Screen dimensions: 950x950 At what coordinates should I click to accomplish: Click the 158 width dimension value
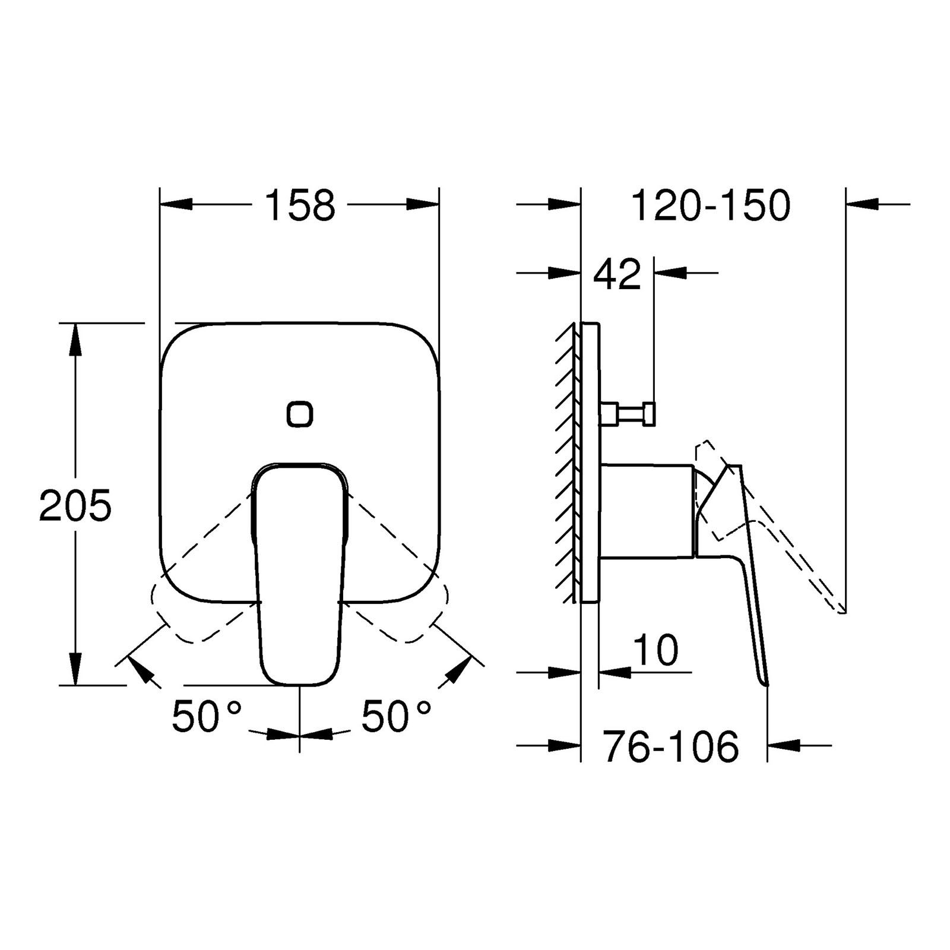(x=300, y=205)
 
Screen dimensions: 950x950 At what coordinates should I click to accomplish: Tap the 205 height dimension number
(x=75, y=505)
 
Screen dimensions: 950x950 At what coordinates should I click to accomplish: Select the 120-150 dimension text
(x=711, y=205)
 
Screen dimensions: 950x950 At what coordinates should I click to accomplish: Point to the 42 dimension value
(x=618, y=274)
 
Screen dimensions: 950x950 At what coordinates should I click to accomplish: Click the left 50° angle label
(x=207, y=716)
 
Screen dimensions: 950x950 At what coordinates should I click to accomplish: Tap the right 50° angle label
(x=396, y=716)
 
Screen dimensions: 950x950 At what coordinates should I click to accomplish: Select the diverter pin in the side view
(x=628, y=414)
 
